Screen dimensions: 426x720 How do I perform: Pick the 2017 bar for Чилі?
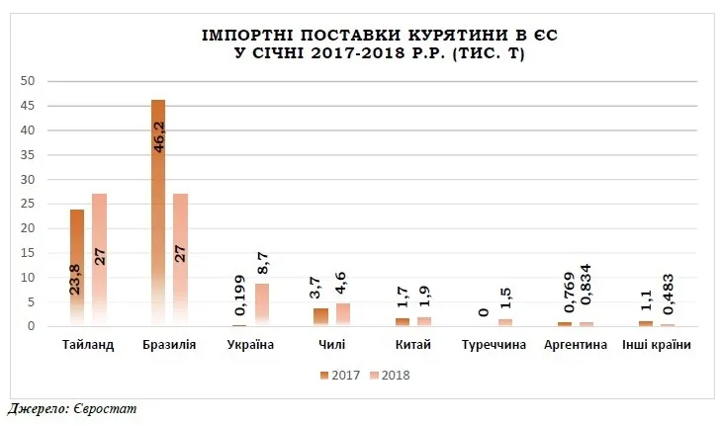(x=320, y=317)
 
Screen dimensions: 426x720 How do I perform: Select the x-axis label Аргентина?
(x=577, y=345)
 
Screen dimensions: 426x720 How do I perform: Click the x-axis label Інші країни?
(x=657, y=345)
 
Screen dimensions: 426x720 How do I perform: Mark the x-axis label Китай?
(x=413, y=345)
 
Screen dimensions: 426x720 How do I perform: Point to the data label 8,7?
(x=263, y=263)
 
